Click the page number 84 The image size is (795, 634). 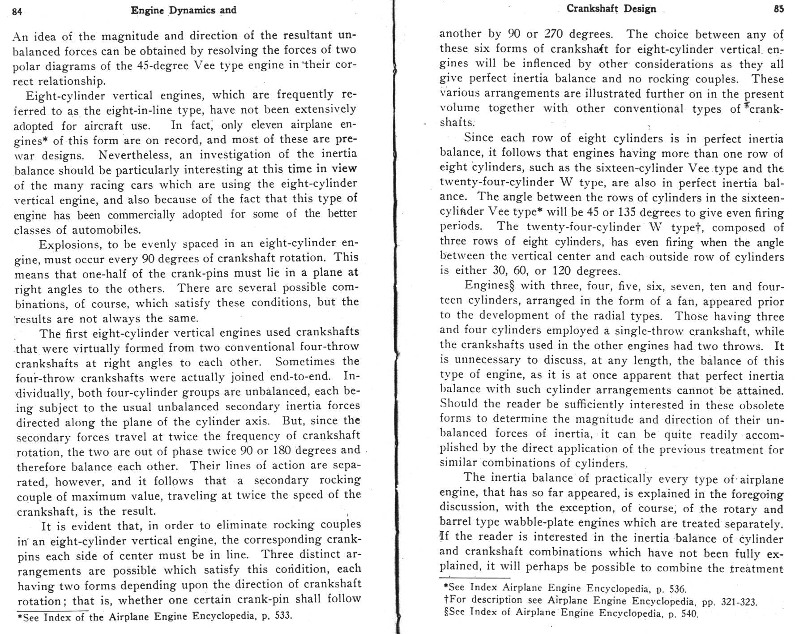tap(17, 12)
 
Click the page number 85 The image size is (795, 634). tap(778, 9)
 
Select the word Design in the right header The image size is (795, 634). tap(640, 9)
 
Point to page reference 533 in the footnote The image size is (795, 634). tap(282, 615)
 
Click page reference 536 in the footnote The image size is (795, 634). tap(677, 589)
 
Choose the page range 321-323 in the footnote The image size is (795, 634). tap(738, 602)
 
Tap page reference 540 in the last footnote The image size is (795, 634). tap(689, 614)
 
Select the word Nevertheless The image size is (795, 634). tap(136, 155)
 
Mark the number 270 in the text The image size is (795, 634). tap(554, 34)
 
